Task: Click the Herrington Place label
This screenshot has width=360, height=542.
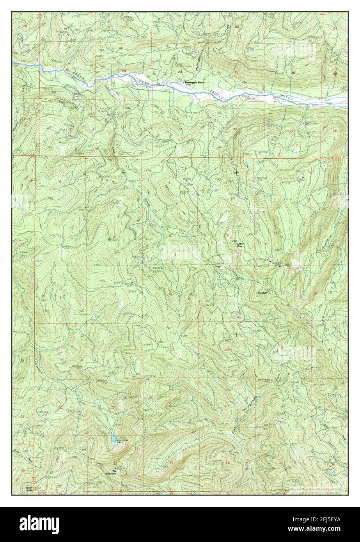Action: click(x=194, y=83)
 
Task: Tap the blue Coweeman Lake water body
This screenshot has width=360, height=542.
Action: click(x=113, y=439)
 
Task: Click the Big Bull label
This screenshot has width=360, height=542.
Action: click(x=262, y=292)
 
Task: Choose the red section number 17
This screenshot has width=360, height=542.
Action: click(x=113, y=294)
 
